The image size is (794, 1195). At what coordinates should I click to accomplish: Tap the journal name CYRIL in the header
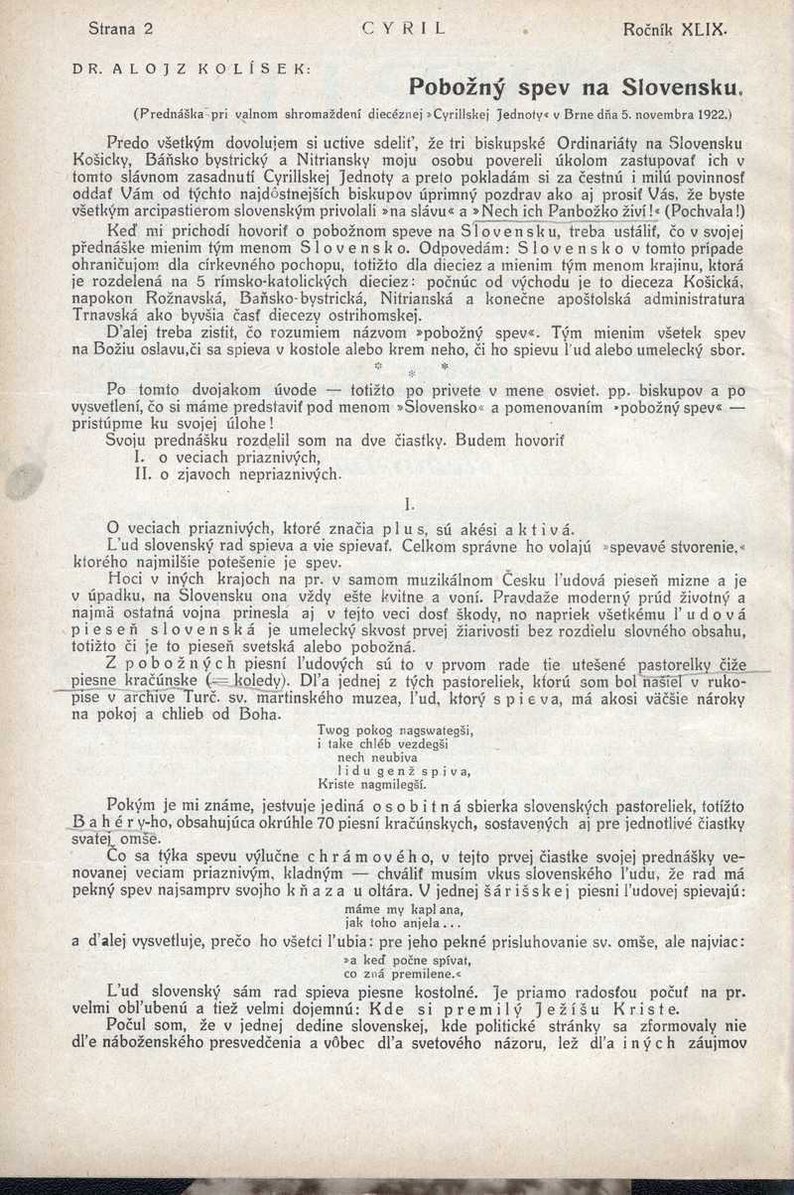[x=404, y=29]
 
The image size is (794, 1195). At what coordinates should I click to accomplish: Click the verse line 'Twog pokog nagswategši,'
[x=394, y=730]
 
